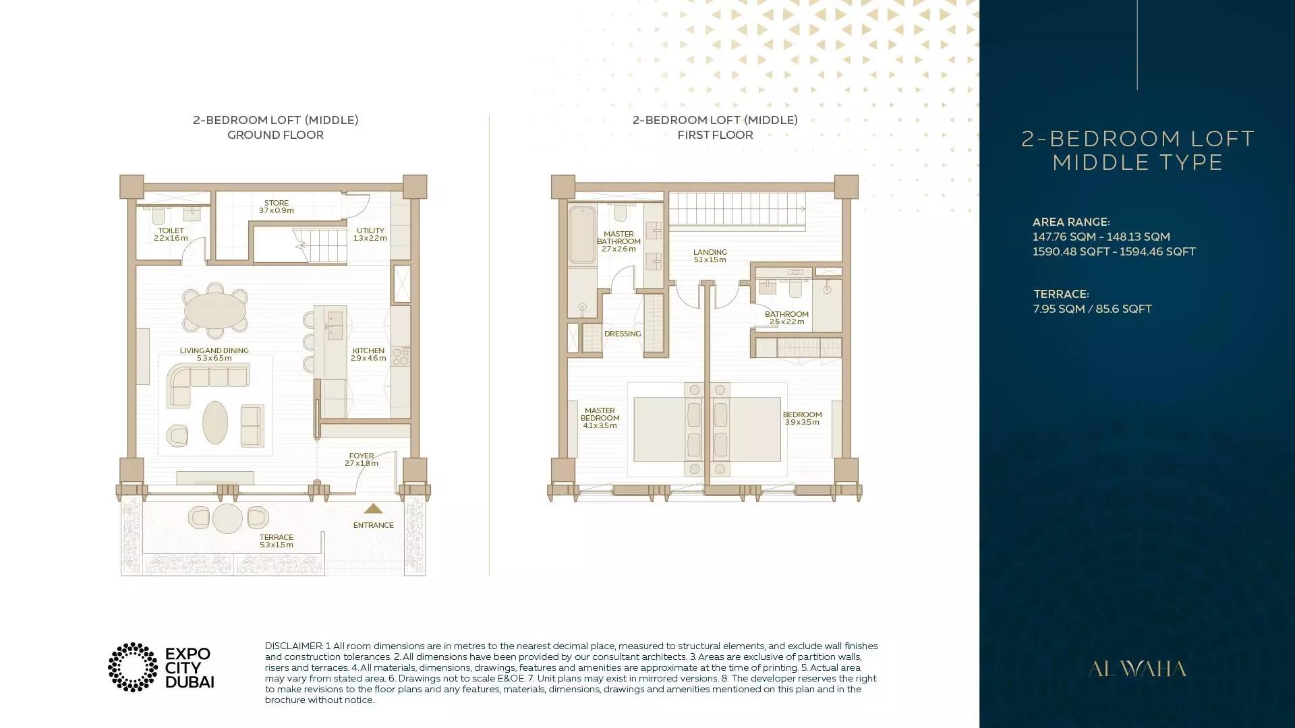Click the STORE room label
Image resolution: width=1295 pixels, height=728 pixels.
(x=276, y=206)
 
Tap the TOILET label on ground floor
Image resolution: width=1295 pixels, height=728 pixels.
(x=171, y=234)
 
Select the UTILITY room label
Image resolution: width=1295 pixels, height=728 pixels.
(x=370, y=234)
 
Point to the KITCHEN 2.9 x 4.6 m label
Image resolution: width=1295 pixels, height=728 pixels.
(x=368, y=355)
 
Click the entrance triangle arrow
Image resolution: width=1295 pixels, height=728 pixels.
(x=373, y=509)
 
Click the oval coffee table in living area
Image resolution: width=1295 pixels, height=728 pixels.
(x=215, y=423)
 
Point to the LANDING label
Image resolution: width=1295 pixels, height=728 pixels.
(x=710, y=255)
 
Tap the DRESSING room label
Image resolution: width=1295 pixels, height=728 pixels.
(x=623, y=334)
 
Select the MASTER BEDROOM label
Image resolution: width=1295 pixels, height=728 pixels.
(x=600, y=417)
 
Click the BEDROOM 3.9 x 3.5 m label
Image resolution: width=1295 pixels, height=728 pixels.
(x=802, y=418)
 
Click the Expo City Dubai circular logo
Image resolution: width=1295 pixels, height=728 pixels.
(x=133, y=667)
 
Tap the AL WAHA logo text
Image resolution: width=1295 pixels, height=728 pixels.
(x=1137, y=669)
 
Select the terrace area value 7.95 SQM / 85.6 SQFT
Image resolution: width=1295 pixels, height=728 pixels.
(x=1092, y=309)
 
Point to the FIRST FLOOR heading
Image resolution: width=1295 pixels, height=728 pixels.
(x=715, y=135)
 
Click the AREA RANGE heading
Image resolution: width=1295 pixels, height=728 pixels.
(x=1071, y=222)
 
